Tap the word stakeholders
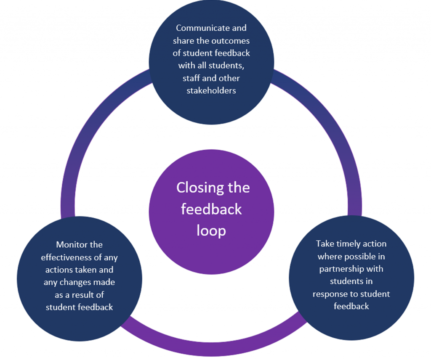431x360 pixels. click(211, 90)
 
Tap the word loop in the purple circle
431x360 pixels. click(211, 230)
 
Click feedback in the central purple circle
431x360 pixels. click(211, 209)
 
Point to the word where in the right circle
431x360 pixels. click(330, 257)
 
